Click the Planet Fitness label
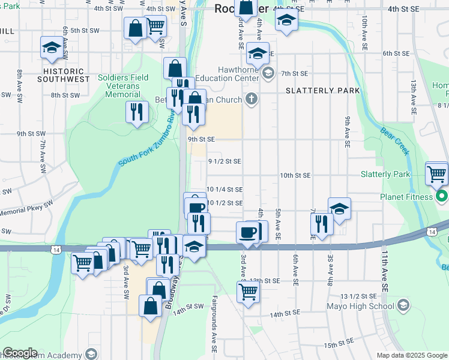(x=405, y=197)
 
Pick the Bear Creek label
(x=395, y=141)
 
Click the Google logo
(x=20, y=353)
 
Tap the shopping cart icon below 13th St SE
(x=248, y=292)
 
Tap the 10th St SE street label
(x=295, y=176)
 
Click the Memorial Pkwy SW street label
(x=26, y=211)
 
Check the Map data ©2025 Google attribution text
(x=412, y=355)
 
